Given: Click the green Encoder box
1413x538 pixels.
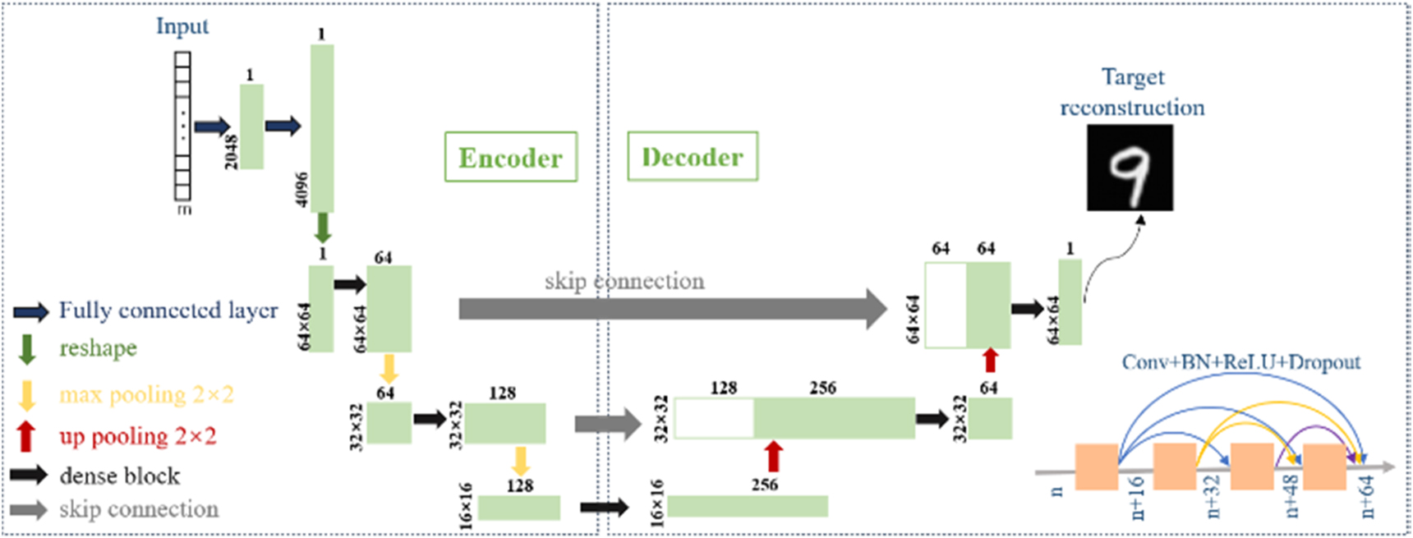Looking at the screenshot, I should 510,157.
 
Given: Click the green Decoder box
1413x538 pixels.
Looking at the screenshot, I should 692,156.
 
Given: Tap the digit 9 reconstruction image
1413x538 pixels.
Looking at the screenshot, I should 1130,168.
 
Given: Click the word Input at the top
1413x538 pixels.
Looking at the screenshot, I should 182,26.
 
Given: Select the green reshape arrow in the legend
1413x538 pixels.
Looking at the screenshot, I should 27,349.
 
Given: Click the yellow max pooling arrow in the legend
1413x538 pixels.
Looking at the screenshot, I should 27,395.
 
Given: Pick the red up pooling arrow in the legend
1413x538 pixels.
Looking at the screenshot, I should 26,436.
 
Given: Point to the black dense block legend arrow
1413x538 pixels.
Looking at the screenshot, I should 29,475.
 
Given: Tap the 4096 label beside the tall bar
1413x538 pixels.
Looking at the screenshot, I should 301,190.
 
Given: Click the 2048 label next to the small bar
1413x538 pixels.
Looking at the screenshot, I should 231,152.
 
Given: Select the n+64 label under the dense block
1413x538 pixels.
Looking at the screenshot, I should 1367,497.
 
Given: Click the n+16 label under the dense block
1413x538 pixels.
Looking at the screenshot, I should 1137,498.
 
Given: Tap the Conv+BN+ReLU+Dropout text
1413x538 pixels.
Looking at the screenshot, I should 1240,362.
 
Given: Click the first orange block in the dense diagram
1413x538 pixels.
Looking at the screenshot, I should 1096,467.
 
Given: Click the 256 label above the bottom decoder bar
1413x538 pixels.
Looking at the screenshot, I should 764,485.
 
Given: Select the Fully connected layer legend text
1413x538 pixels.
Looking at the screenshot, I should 168,310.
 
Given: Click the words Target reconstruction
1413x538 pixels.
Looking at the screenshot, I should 1132,92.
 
